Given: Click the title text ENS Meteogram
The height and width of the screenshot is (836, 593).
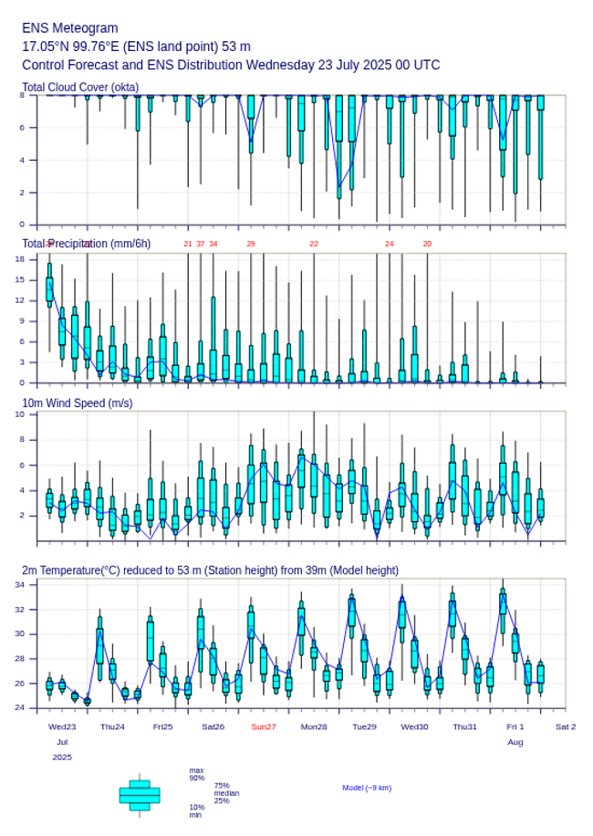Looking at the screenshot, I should point(70,28).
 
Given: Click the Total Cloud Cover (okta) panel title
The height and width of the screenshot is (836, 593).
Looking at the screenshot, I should point(79,88).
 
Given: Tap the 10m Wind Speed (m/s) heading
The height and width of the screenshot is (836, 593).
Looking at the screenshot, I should point(77,403).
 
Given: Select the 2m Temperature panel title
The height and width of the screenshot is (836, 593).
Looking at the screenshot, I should point(210,570).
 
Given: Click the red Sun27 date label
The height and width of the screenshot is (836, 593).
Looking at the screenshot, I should point(264,726).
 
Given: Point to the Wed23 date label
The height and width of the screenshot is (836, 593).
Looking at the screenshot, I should point(62,726).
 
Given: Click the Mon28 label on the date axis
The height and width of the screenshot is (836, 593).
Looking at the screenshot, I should point(314,726).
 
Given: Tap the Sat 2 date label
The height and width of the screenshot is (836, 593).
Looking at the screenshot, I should point(566,726).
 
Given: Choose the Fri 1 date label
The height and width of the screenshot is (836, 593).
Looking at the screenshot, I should point(515,726).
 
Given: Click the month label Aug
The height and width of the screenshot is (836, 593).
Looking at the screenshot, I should point(515,742).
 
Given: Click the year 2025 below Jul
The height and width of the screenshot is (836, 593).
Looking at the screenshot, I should point(62,758).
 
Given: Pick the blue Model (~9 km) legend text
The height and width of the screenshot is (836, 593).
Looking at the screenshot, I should point(367,788).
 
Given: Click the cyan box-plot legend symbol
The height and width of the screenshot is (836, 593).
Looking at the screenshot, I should point(140,795).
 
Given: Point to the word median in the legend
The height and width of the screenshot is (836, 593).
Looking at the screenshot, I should point(226,793).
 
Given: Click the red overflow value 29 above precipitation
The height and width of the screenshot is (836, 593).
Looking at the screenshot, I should point(251,244).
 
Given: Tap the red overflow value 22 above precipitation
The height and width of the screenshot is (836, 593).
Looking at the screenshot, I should point(314,244).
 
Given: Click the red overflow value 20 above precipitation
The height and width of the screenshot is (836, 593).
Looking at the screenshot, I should point(427,244).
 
